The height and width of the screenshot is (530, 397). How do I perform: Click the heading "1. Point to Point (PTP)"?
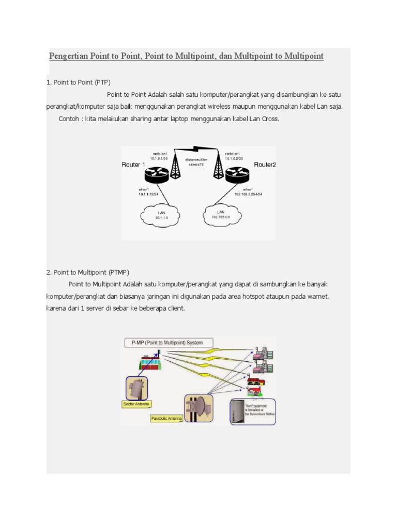tap(79, 82)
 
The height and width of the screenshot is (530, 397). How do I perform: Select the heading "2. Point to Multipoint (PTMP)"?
tap(88, 272)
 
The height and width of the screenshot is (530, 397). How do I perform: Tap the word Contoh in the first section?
tap(69, 119)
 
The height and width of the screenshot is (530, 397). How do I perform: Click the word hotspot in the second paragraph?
tap(251, 297)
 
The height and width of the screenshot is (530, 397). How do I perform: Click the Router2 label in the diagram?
tap(265, 165)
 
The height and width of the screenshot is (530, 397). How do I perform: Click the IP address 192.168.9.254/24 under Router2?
tap(248, 195)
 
